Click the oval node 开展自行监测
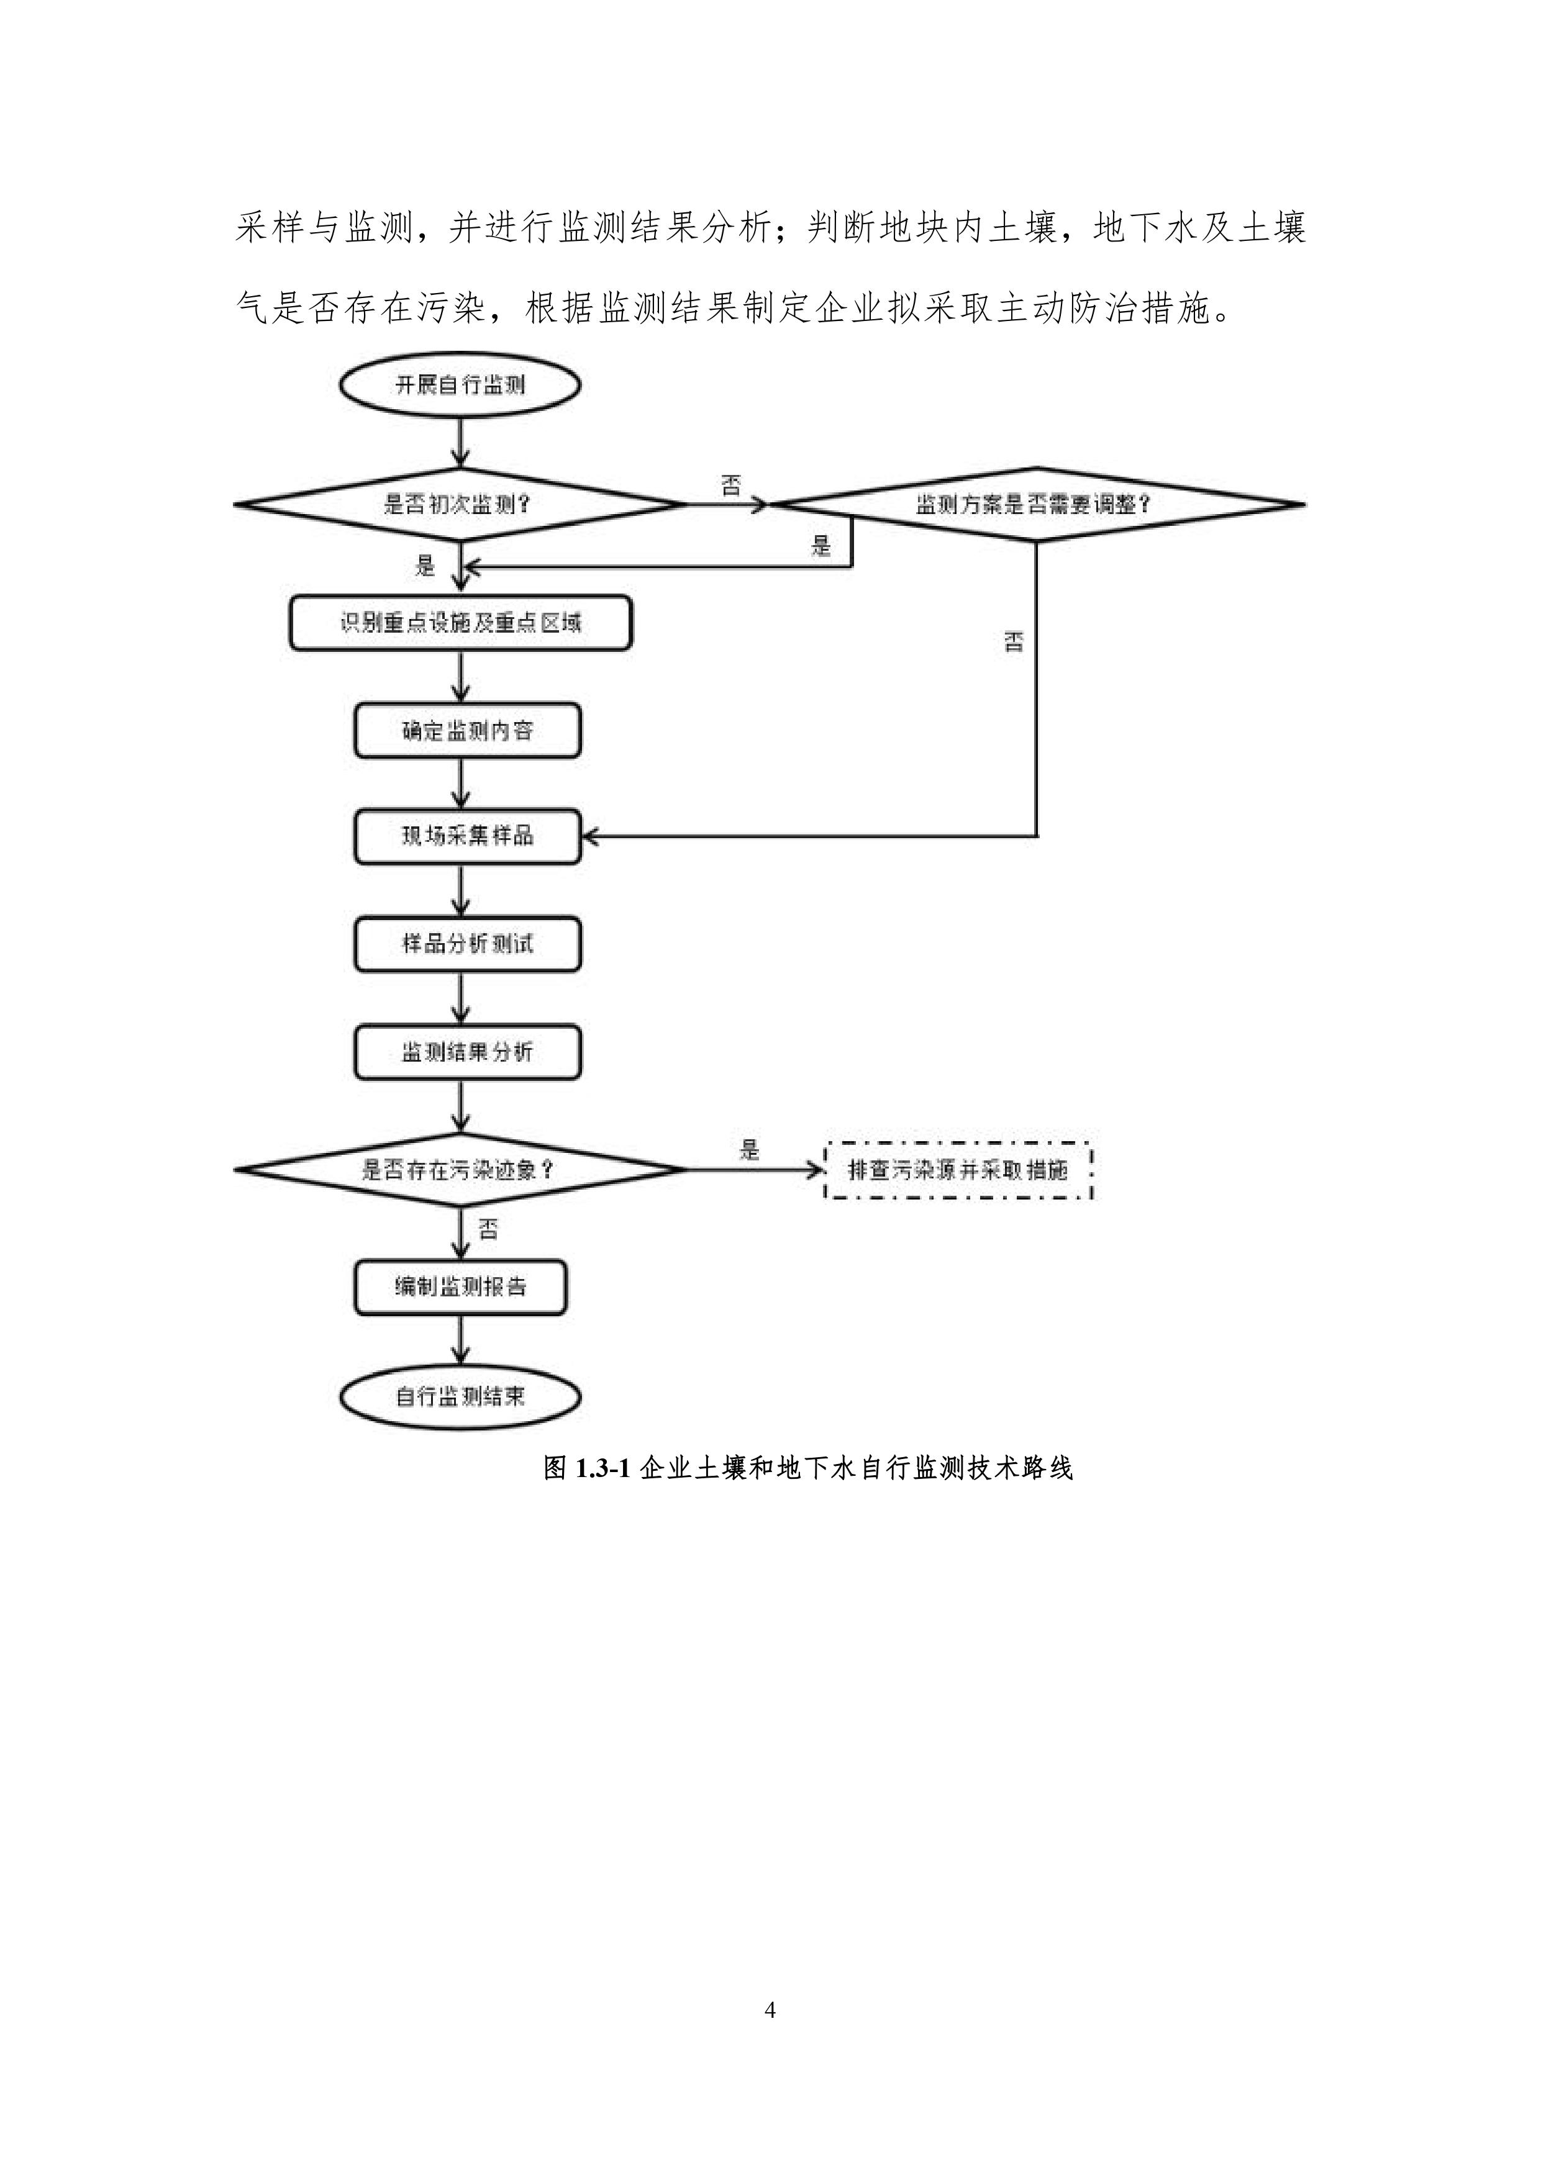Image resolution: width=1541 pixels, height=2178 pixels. pyautogui.click(x=460, y=385)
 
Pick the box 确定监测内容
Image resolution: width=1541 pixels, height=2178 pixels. pyautogui.click(x=467, y=730)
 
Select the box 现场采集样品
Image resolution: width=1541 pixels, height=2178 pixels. pyautogui.click(x=467, y=837)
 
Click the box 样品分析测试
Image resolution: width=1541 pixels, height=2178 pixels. pyautogui.click(x=467, y=944)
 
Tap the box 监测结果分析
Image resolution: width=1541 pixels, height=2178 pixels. pyautogui.click(x=467, y=1052)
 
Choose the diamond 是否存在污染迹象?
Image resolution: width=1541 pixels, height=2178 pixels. pyautogui.click(x=460, y=1170)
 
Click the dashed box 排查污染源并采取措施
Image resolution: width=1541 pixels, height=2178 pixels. pyautogui.click(x=958, y=1170)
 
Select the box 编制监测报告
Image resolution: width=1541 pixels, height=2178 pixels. pyautogui.click(x=460, y=1287)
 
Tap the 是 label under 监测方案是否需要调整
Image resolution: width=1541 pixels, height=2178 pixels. pyautogui.click(x=821, y=546)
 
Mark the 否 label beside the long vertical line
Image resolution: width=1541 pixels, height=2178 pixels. pyautogui.click(x=1014, y=642)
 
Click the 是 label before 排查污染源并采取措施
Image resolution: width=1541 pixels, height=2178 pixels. pyautogui.click(x=750, y=1150)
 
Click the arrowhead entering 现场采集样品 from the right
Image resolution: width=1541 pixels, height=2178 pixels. pyautogui.click(x=590, y=837)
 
